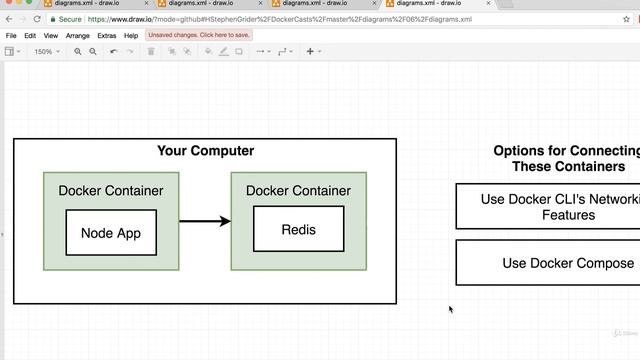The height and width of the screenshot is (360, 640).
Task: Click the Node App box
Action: [111, 233]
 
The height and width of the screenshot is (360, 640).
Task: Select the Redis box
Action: [298, 229]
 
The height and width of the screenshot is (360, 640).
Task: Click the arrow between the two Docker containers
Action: [204, 221]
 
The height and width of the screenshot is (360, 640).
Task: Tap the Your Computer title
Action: [205, 151]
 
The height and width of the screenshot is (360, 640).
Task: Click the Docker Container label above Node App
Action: [111, 190]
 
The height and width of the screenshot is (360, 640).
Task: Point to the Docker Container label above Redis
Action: [298, 190]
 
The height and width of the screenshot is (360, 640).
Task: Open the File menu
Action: [11, 35]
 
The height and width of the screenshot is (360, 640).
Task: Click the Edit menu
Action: [31, 35]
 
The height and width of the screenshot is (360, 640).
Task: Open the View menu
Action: [52, 35]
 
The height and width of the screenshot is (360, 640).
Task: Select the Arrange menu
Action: [77, 35]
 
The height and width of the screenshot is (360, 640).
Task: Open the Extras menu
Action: [106, 35]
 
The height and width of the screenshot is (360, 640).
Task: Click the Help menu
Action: [131, 35]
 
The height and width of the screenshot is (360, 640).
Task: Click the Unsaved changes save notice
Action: [199, 35]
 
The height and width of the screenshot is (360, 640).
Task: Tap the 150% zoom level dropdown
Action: [45, 51]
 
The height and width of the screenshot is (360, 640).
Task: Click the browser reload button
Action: [37, 18]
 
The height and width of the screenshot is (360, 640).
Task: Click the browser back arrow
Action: [8, 18]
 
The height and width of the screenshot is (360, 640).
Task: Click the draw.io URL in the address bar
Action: [280, 18]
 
